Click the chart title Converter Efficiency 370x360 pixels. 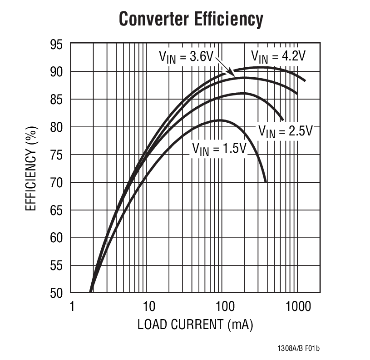[x=191, y=20]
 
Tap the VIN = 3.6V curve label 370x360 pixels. [x=186, y=57]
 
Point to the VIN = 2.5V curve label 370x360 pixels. [x=286, y=131]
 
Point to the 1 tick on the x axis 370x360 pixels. [x=72, y=306]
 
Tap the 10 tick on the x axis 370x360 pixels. [x=147, y=306]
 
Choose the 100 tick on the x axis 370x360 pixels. [x=222, y=306]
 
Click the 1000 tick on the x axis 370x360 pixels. [x=297, y=306]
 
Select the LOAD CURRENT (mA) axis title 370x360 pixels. [x=195, y=325]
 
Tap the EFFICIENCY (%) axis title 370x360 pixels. [x=30, y=169]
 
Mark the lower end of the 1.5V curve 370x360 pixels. [x=266, y=181]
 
